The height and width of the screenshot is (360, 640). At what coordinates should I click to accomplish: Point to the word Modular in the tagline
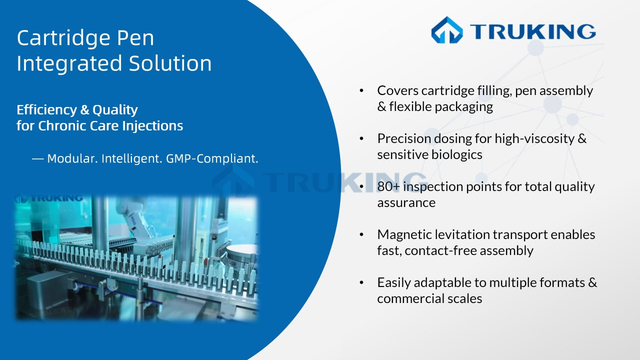point(72,159)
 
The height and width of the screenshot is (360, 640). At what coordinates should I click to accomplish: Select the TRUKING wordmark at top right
point(532,31)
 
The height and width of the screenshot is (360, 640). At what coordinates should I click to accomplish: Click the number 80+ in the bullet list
point(389,187)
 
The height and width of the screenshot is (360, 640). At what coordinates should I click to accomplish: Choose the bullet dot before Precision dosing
point(361,138)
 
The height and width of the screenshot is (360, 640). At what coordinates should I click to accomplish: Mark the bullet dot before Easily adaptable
point(361,282)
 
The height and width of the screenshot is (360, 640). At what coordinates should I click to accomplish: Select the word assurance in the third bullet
point(406,202)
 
